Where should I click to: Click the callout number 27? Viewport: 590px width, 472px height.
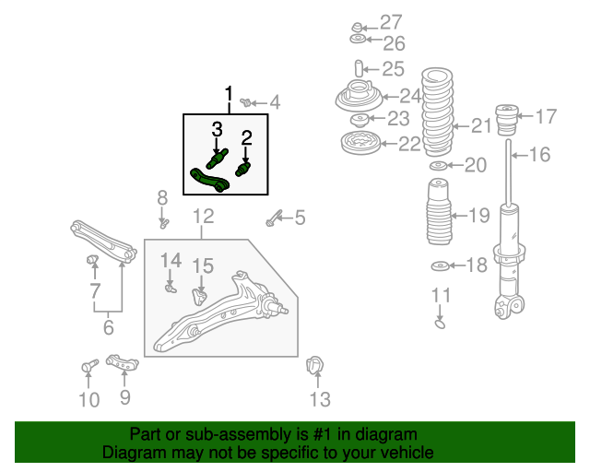pos(391,22)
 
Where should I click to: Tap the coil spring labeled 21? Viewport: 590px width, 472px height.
pos(437,112)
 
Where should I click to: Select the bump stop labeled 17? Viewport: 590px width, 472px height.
pos(508,120)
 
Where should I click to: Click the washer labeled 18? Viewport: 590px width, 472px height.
pos(440,266)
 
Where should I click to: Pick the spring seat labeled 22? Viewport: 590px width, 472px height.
pos(360,144)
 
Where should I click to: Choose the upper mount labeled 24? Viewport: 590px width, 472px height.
pos(359,96)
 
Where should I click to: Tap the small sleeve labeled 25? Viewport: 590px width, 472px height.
pos(359,68)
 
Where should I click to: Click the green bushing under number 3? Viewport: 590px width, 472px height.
pos(218,159)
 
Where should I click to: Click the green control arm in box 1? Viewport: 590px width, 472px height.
pos(210,181)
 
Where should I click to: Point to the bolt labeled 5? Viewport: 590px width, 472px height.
pos(273,218)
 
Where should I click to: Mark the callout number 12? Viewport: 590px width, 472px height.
pos(203,217)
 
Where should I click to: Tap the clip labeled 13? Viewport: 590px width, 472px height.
pos(314,365)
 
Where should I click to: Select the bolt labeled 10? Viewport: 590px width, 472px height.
pos(89,365)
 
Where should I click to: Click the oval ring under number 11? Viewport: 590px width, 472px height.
pos(440,324)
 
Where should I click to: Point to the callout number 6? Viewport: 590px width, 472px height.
pos(109,327)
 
